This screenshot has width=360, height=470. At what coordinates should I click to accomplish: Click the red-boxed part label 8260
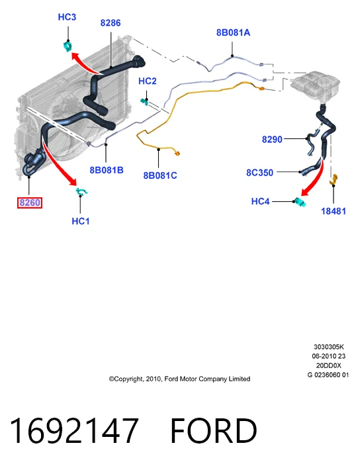30,203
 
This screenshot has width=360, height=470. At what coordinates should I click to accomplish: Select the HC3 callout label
67,17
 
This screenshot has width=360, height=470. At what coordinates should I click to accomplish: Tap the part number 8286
111,23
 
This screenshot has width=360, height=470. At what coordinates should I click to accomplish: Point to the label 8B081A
233,32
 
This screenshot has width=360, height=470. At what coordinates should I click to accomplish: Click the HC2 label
147,81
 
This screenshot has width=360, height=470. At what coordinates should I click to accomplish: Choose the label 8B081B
107,170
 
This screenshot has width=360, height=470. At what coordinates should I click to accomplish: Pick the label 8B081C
160,175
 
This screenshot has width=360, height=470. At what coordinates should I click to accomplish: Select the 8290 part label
272,140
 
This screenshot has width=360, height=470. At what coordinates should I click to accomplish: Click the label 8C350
259,173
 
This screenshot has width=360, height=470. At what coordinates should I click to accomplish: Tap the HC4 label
260,201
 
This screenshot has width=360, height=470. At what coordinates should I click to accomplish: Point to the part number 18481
334,211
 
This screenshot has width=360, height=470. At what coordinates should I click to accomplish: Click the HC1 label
80,221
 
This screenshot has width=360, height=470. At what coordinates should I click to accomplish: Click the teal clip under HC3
67,46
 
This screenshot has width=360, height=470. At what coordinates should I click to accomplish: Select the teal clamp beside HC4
300,203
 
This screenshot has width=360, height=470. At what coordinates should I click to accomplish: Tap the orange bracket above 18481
334,179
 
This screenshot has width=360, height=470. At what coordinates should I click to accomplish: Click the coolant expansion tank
315,83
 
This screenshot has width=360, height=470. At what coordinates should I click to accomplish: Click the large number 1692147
74,430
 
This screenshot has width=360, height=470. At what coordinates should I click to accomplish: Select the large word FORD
214,430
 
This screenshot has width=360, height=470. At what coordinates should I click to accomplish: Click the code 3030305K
328,347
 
